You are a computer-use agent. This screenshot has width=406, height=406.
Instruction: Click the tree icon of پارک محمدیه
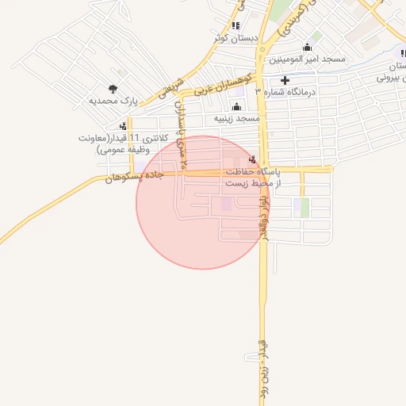coord(113,90)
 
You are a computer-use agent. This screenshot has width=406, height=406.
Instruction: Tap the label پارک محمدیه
coord(113,102)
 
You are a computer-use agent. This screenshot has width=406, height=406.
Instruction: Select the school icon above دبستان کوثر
coord(236,25)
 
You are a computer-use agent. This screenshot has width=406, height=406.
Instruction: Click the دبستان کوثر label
coord(236,37)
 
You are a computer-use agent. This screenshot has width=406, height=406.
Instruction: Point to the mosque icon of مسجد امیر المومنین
coord(308,48)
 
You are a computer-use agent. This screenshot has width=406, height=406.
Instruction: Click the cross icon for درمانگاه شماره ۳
coord(285,80)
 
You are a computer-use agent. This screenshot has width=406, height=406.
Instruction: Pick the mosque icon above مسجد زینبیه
coord(236,105)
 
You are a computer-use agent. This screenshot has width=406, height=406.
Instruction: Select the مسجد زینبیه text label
coord(236,118)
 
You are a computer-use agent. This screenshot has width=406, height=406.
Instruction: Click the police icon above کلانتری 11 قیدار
coord(123,125)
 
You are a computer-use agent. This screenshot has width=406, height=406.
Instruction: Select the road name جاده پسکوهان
coord(133,176)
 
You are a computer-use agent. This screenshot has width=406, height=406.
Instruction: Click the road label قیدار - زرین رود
coord(264,369)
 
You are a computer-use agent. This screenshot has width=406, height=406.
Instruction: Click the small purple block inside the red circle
coord(228,205)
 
